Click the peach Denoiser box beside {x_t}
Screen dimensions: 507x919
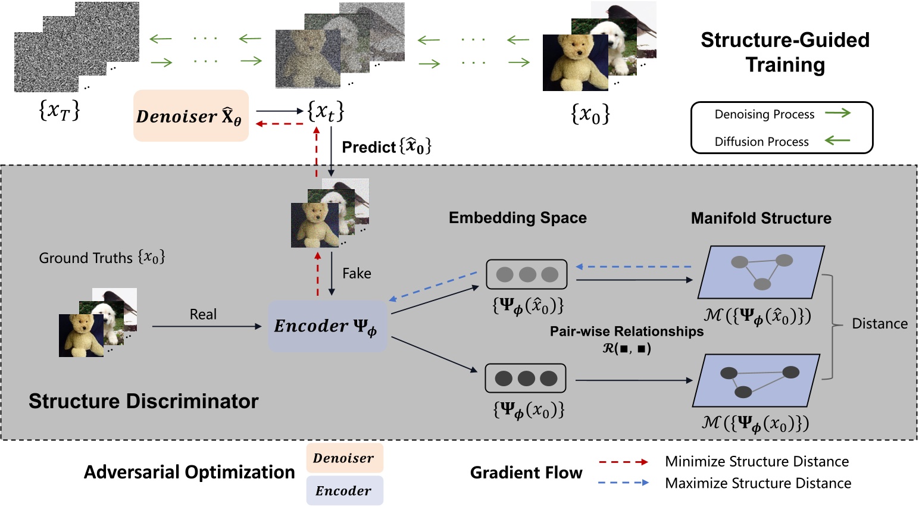click(x=190, y=116)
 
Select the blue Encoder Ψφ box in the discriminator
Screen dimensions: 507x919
click(x=327, y=326)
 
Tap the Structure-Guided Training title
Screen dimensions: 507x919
click(x=784, y=52)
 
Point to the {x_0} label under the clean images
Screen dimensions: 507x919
click(x=590, y=113)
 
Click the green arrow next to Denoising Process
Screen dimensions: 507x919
click(x=837, y=113)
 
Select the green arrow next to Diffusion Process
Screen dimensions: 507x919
click(x=837, y=141)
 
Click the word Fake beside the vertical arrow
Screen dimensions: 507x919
click(x=357, y=274)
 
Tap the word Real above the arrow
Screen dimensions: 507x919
click(x=203, y=314)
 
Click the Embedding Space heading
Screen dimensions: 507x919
click(x=517, y=218)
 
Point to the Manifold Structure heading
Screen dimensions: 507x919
click(x=761, y=218)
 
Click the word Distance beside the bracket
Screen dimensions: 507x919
click(x=880, y=324)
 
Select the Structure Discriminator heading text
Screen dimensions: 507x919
click(x=143, y=401)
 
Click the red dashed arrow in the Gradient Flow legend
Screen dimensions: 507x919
click(x=623, y=462)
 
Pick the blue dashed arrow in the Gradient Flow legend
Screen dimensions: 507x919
click(x=623, y=483)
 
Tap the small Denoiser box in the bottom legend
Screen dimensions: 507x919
click(x=344, y=458)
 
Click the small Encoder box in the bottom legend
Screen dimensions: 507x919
click(x=344, y=491)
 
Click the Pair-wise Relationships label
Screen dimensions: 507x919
click(x=626, y=331)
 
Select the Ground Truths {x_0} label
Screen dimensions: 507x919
click(x=102, y=258)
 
